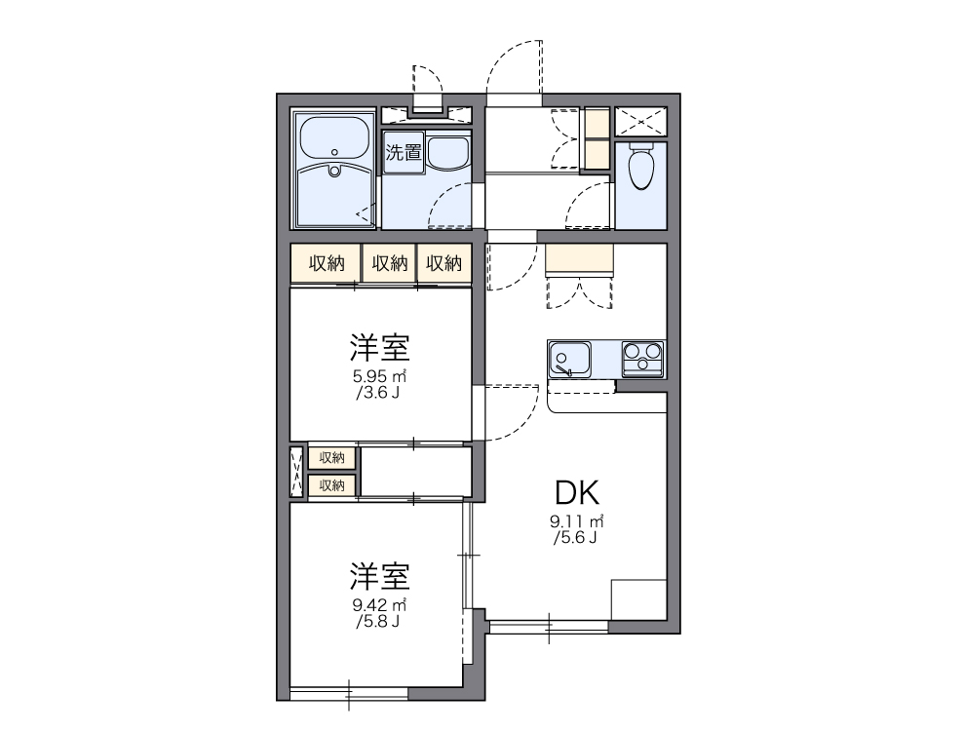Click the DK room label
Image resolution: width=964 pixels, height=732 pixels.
pyautogui.click(x=576, y=491)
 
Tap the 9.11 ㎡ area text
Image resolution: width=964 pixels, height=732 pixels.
pyautogui.click(x=576, y=520)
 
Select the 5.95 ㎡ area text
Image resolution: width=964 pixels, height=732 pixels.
pyautogui.click(x=379, y=376)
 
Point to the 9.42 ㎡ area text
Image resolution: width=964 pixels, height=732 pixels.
pyautogui.click(x=379, y=605)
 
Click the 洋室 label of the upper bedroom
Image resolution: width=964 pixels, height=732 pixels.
pyautogui.click(x=379, y=347)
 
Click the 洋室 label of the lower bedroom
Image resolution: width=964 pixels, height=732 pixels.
pyautogui.click(x=379, y=576)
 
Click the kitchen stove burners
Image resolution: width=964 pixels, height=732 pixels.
pyautogui.click(x=642, y=358)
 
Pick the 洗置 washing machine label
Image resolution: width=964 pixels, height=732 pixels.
pyautogui.click(x=403, y=153)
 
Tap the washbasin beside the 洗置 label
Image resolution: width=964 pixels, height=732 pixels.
pyautogui.click(x=448, y=152)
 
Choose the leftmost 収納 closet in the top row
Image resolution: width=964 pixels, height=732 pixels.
pyautogui.click(x=327, y=263)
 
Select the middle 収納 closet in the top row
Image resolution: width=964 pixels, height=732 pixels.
pyautogui.click(x=390, y=263)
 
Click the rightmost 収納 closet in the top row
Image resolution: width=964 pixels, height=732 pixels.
pyautogui.click(x=444, y=263)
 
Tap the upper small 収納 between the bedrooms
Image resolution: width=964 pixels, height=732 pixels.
pyautogui.click(x=332, y=457)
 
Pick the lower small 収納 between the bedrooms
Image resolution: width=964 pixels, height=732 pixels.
pyautogui.click(x=332, y=484)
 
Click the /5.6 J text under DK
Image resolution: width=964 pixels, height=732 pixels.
pyautogui.click(x=576, y=537)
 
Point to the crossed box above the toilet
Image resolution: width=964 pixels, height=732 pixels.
pyautogui.click(x=640, y=122)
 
